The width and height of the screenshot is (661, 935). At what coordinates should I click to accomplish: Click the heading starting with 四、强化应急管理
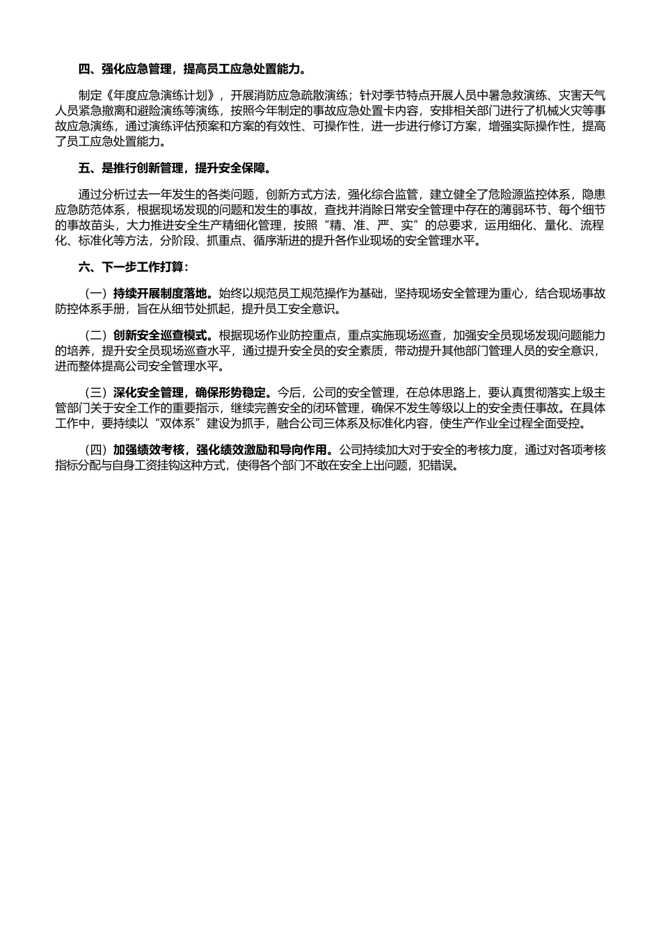click(x=192, y=70)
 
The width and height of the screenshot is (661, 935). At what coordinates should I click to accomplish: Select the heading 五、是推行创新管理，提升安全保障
click(x=175, y=168)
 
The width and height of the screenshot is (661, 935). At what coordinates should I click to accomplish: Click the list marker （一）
click(x=95, y=294)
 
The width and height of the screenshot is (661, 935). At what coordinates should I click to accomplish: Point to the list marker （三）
click(x=95, y=392)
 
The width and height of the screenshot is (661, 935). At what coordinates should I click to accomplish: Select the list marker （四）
click(x=95, y=450)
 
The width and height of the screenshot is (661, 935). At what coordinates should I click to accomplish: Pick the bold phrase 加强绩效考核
click(x=147, y=450)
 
